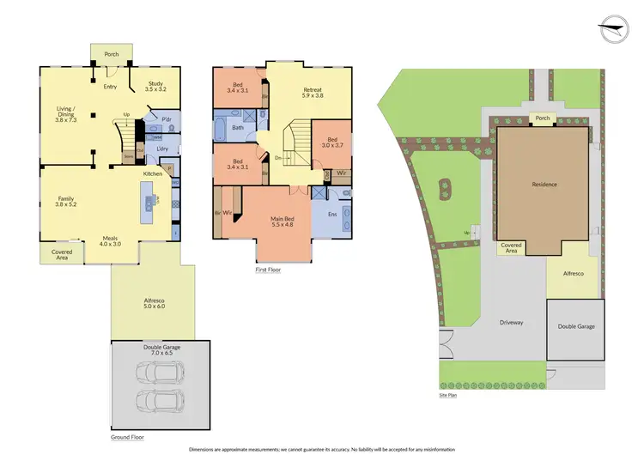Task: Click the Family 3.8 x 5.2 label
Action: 66,202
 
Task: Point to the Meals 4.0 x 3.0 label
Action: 111,242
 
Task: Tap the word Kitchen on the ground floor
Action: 153,174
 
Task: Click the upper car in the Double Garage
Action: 159,373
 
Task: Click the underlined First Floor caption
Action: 268,270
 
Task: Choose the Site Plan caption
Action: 447,396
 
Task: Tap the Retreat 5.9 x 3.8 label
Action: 312,94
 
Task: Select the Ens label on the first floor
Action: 332,214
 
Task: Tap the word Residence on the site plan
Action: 544,185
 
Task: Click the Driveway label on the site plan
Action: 512,322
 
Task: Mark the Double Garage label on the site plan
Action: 576,326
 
